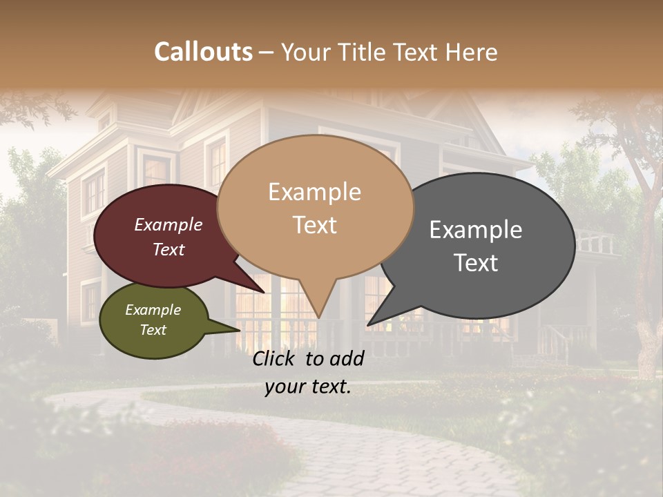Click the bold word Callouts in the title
coord(203,52)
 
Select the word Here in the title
coord(472,52)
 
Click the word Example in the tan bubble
coord(314,192)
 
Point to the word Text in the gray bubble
coord(477,262)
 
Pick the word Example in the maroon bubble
coord(169,224)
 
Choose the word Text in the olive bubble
coord(153,330)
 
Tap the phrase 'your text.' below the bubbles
coord(308,387)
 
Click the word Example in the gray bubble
coord(476,229)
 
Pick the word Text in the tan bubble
coord(315,225)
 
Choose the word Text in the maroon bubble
coord(169,249)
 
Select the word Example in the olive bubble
coord(153,310)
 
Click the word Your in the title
coord(307,52)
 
